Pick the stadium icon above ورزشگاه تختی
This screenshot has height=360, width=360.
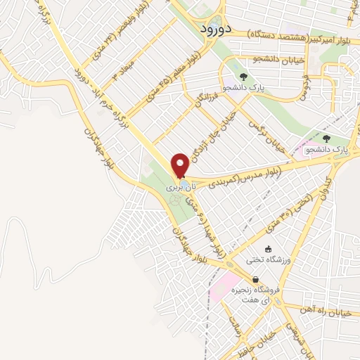(268, 249)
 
